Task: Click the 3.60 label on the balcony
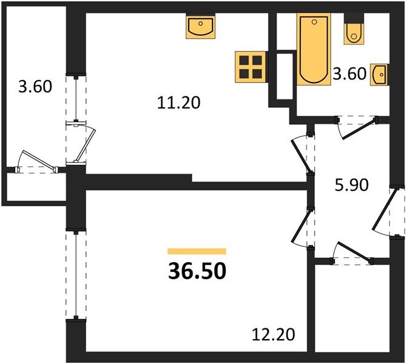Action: pyautogui.click(x=35, y=86)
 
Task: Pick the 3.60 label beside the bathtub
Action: pyautogui.click(x=349, y=75)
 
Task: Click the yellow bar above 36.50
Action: pyautogui.click(x=197, y=251)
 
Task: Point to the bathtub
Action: pyautogui.click(x=313, y=50)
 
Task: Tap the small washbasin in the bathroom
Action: pyautogui.click(x=379, y=75)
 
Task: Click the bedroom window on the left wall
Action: pyautogui.click(x=75, y=273)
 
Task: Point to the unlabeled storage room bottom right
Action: pyautogui.click(x=352, y=309)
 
